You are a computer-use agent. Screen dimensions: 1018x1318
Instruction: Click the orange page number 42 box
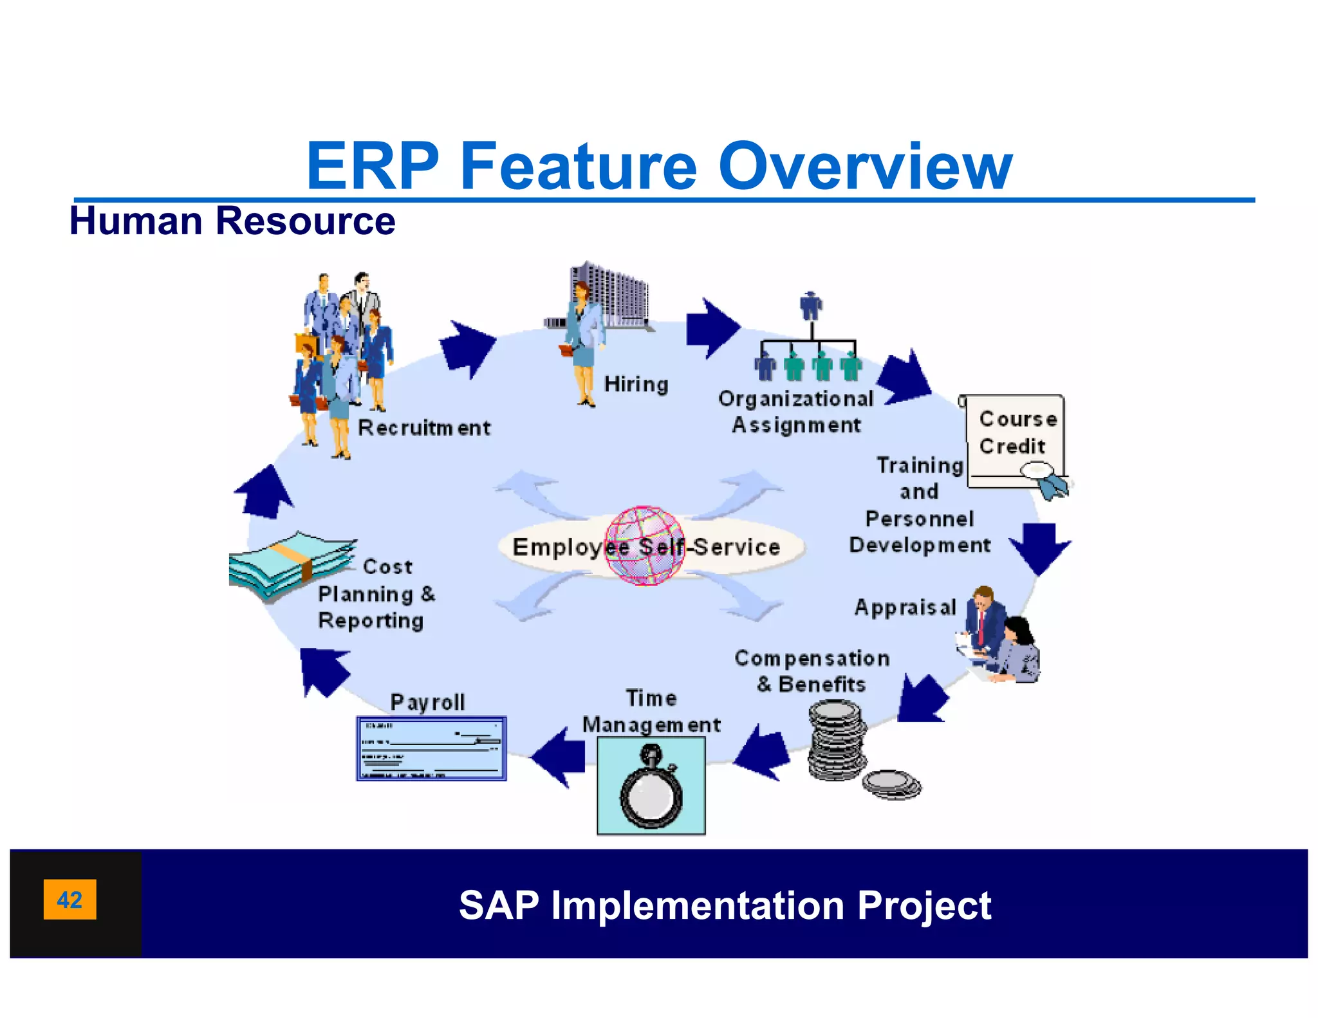pyautogui.click(x=70, y=899)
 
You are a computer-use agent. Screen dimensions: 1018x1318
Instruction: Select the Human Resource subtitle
pyautogui.click(x=232, y=221)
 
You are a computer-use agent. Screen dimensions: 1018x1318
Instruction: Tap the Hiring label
pyautogui.click(x=636, y=384)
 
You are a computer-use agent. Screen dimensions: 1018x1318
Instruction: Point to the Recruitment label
pyautogui.click(x=423, y=428)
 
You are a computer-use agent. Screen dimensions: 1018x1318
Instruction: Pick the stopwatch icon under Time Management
pyautogui.click(x=651, y=786)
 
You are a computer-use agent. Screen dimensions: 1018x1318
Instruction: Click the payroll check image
pyautogui.click(x=431, y=748)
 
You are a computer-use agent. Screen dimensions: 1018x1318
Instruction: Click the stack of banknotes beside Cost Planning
pyautogui.click(x=290, y=564)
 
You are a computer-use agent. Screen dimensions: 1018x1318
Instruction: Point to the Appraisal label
pyautogui.click(x=905, y=607)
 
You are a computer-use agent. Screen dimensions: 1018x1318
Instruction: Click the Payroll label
pyautogui.click(x=427, y=701)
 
